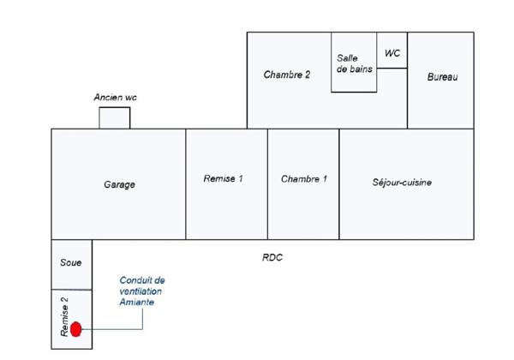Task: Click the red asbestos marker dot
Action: [75, 329]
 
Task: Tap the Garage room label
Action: [119, 184]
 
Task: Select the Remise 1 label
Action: [223, 178]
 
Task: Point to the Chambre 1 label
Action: [304, 179]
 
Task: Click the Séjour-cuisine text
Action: [402, 183]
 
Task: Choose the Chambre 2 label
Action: [286, 75]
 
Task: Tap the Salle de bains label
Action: [355, 63]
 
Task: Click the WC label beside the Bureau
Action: [392, 53]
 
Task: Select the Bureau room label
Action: [442, 77]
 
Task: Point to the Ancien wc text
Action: [115, 98]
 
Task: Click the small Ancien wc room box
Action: [115, 117]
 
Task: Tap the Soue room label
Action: [71, 262]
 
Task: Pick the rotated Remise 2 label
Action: [64, 317]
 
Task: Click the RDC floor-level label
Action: [272, 257]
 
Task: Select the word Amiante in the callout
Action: [137, 302]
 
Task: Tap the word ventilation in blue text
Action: [140, 291]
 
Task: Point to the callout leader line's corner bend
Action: [142, 329]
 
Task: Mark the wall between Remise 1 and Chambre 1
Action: [267, 184]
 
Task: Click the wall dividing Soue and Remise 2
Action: [72, 290]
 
